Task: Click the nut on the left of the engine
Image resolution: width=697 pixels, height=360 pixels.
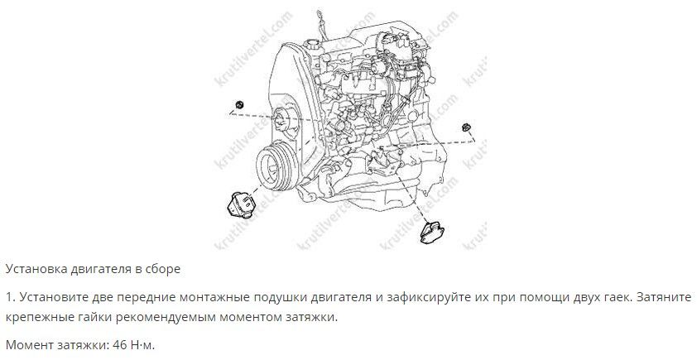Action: click(x=239, y=105)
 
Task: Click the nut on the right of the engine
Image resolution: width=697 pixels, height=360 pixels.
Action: click(x=466, y=127)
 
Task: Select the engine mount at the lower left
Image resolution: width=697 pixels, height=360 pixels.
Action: click(x=243, y=204)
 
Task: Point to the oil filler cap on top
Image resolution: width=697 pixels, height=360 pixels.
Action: click(x=313, y=45)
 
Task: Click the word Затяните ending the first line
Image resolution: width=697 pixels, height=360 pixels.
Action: click(x=665, y=297)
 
